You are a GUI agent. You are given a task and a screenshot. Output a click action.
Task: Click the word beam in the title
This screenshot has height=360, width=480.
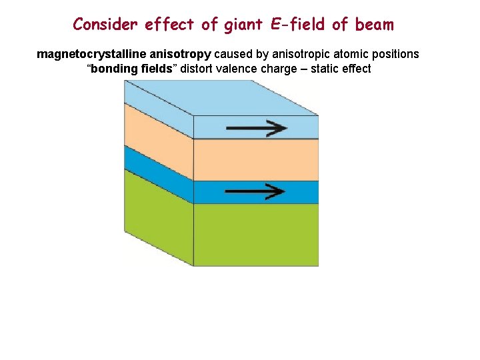coord(375,25)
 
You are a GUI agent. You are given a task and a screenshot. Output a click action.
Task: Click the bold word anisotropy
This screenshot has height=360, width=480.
coord(177,54)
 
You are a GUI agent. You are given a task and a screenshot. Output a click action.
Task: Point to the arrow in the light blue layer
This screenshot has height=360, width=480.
coord(255,127)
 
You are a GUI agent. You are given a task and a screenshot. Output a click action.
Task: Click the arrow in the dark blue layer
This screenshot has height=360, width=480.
coord(255,191)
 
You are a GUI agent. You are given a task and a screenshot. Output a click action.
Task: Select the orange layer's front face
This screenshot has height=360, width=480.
coord(255,159)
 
